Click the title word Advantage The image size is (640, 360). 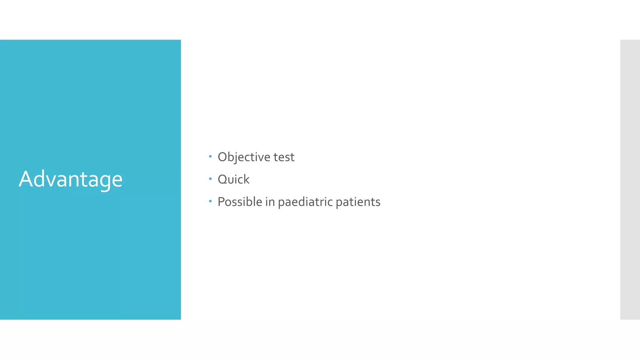[x=71, y=179]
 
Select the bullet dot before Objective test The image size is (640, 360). [x=210, y=156]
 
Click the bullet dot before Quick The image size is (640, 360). [x=210, y=178]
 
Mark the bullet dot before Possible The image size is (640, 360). [x=210, y=201]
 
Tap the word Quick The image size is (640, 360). [x=233, y=179]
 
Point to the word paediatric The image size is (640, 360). [x=305, y=202]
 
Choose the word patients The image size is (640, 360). [x=358, y=202]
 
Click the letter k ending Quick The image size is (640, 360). [x=246, y=179]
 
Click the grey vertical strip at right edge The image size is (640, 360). [x=630, y=179]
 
